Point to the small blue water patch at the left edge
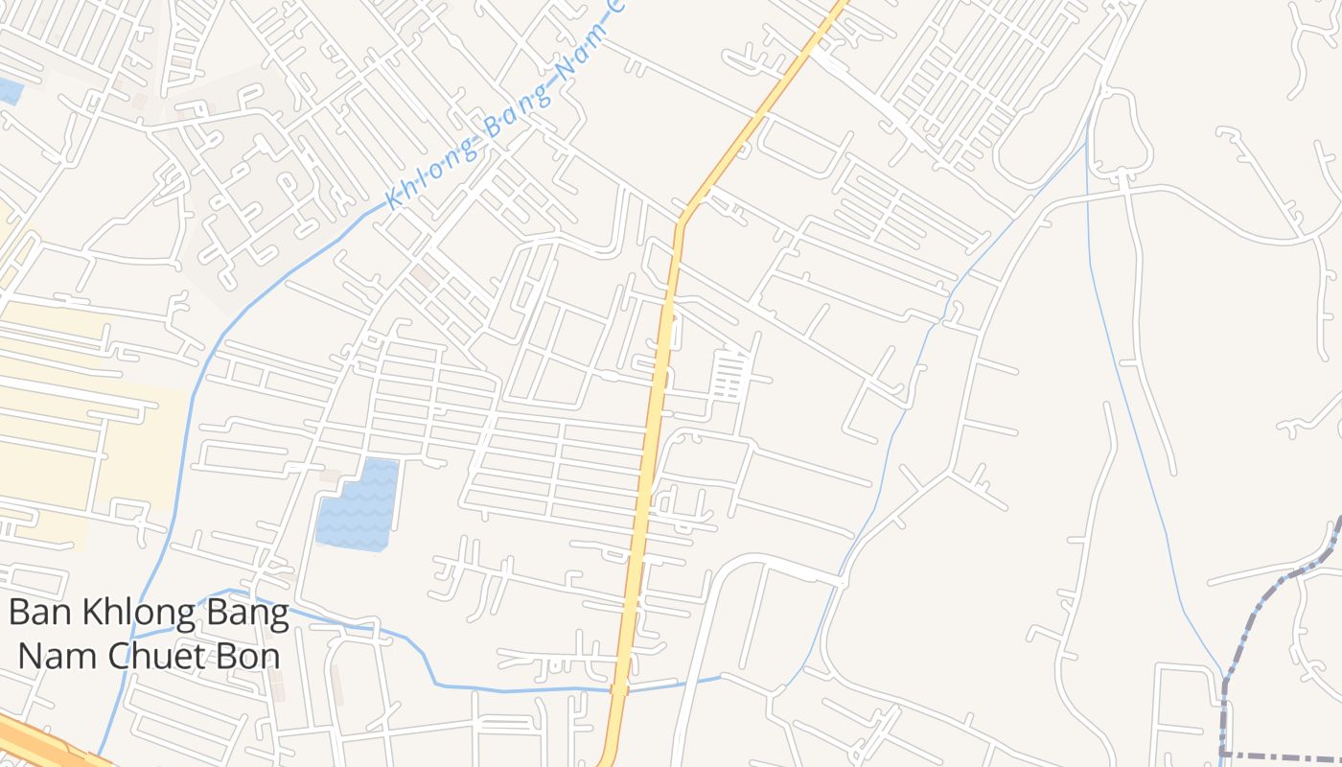click(x=10, y=91)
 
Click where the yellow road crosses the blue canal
click(x=619, y=688)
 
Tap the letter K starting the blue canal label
click(x=392, y=200)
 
